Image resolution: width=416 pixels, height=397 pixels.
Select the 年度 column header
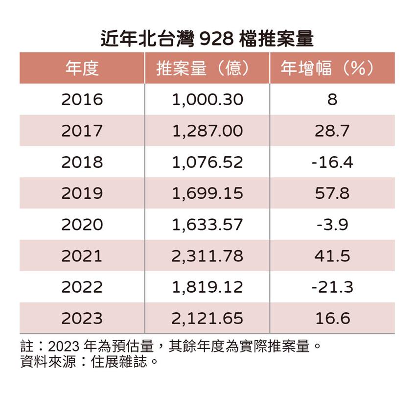82,69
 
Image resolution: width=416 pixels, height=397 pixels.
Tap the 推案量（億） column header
207,69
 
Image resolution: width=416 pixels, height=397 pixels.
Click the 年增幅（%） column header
332,69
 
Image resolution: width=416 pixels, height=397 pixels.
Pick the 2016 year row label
82,100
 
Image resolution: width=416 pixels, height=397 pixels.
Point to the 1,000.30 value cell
207,100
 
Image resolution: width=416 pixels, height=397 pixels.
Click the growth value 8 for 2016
332,100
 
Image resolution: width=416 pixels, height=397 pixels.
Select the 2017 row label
82,131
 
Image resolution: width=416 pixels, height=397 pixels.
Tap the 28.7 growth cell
332,131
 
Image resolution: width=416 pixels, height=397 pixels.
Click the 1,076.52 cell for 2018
207,163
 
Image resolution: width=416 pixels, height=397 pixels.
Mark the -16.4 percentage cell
332,163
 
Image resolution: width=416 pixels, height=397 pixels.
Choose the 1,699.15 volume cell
207,193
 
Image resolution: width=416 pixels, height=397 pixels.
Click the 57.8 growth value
332,193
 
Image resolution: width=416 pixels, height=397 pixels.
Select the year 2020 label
82,225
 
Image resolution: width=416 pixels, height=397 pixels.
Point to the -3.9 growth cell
332,225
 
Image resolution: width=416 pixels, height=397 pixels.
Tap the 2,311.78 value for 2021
207,256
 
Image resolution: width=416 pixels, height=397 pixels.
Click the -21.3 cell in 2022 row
332,287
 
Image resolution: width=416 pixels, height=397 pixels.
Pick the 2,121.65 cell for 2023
207,319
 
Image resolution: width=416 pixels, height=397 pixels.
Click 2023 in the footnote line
64,347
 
